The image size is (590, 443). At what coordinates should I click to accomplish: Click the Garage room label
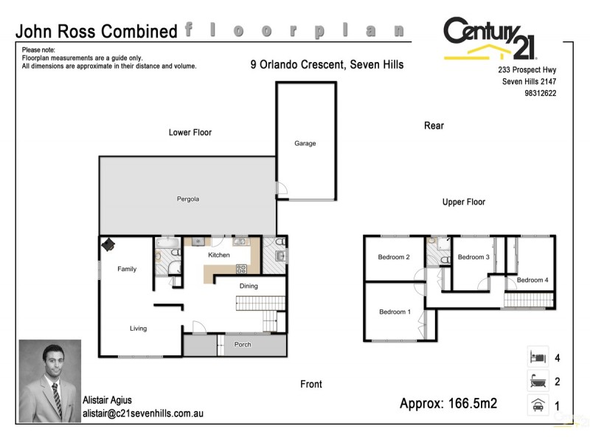[x=305, y=143]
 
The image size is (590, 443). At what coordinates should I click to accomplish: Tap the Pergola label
[x=188, y=199]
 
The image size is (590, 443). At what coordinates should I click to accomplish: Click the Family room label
[x=127, y=269]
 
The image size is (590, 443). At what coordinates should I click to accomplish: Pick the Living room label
[x=138, y=329]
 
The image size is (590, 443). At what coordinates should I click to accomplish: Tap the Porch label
[x=243, y=345]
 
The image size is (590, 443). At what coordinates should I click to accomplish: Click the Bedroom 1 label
[x=394, y=312]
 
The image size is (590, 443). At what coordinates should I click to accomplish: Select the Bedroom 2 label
[x=394, y=258]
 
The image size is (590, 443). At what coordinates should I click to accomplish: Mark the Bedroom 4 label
[x=532, y=281]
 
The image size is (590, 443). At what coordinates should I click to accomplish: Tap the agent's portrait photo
[x=49, y=381]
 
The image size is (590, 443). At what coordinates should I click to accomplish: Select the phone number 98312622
[x=541, y=94]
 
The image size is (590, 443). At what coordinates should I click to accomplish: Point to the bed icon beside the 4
[x=537, y=358]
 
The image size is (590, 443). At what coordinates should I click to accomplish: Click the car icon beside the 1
[x=537, y=405]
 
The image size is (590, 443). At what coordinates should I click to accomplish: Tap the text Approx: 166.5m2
[x=448, y=404]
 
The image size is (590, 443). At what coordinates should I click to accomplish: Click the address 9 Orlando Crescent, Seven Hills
[x=327, y=65]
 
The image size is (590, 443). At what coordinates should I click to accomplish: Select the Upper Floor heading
[x=463, y=202]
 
